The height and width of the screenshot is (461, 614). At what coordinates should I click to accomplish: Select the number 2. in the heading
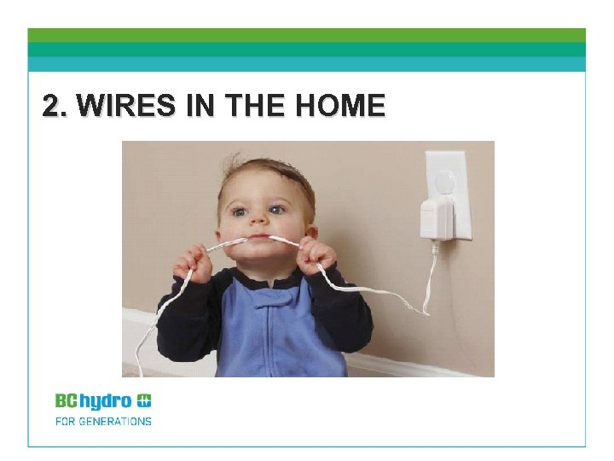point(57,106)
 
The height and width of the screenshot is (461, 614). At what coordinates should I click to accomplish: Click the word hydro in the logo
point(106,400)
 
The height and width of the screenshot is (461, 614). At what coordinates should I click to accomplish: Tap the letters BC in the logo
point(67,400)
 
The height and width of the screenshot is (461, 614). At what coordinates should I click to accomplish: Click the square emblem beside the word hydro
point(144,400)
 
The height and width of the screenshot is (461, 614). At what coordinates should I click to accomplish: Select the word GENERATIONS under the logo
point(115,421)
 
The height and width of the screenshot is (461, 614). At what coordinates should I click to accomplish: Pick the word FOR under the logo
point(65,421)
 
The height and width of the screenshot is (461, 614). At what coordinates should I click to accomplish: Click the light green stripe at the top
point(307,35)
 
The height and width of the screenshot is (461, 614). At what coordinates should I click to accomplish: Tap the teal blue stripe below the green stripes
point(307,64)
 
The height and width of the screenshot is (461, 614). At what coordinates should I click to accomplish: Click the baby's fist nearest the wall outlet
point(316,254)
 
